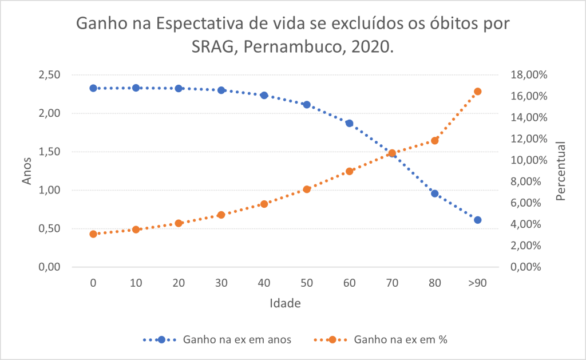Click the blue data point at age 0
[x=93, y=88]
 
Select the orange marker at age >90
[x=478, y=92]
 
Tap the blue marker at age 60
[x=349, y=123]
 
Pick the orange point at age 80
[x=435, y=140]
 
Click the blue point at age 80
[x=435, y=193]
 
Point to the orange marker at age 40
[x=264, y=204]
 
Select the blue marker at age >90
[x=478, y=220]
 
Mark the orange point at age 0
[x=93, y=234]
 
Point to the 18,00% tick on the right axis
[x=528, y=75]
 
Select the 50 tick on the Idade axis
[x=307, y=283]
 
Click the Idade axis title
[x=285, y=303]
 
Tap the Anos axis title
[x=27, y=171]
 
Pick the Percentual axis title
[x=561, y=171]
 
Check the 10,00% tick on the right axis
[x=528, y=160]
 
